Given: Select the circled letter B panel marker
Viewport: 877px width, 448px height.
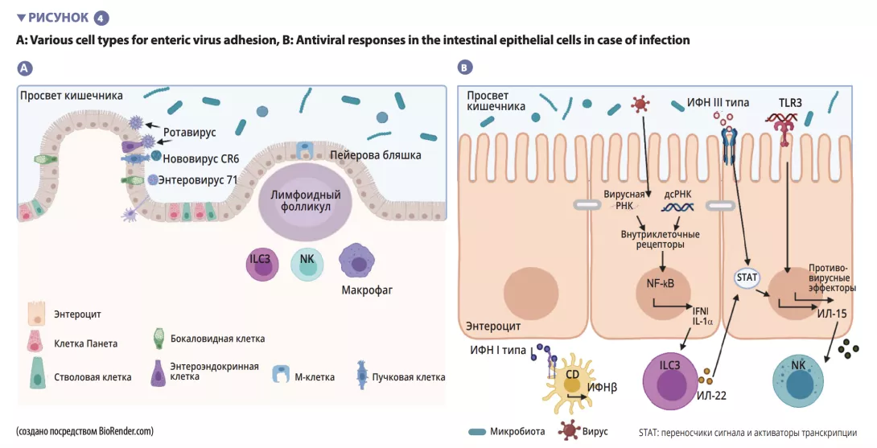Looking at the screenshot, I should [464, 68].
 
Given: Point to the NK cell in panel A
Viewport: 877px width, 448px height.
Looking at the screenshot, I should [307, 264].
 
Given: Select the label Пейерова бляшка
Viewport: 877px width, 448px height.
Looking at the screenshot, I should [375, 154].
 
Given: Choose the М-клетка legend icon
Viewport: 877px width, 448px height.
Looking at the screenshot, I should [282, 373].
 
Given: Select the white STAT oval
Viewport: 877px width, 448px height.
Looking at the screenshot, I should [747, 277].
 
